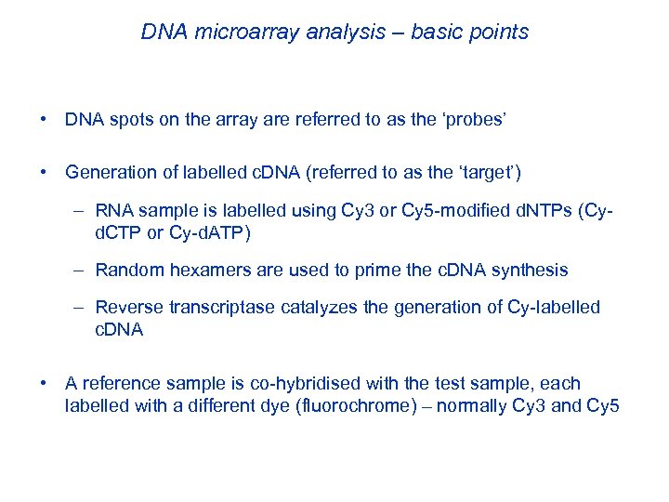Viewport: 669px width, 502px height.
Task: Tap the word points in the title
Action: pos(495,33)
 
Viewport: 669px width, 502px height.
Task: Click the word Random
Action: pos(129,271)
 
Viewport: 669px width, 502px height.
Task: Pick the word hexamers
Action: pos(207,271)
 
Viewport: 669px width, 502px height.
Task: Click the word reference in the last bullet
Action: pos(120,384)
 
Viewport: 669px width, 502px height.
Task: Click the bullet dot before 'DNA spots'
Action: pos(45,120)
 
